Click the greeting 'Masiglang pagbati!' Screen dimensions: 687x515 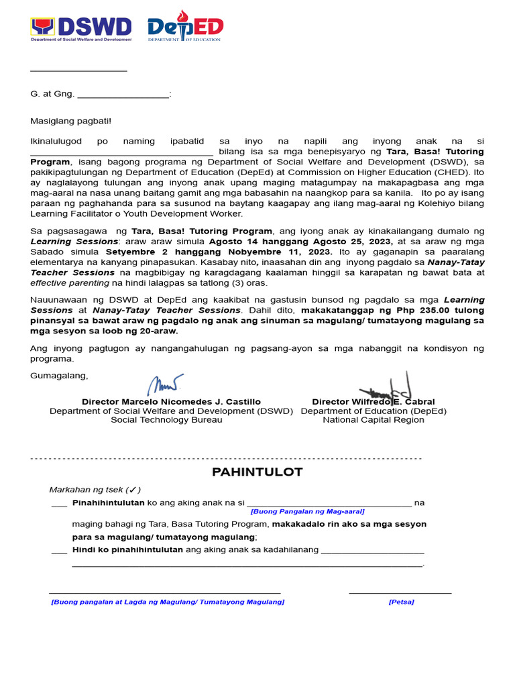pos(71,121)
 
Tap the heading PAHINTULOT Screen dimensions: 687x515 pos(257,472)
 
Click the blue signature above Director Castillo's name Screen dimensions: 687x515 pos(164,385)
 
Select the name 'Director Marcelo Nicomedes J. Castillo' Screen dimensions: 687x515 pos(171,401)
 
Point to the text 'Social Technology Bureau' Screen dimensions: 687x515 pos(166,420)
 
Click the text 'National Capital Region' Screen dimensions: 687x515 pos(374,420)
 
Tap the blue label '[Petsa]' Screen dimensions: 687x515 pos(401,602)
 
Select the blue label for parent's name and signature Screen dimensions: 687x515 pos(168,602)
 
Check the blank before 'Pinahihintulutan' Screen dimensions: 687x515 pos(59,503)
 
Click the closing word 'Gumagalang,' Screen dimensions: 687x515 pos(59,375)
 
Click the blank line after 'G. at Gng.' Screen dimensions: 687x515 pos(123,95)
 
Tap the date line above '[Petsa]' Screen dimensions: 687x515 pos(400,592)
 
